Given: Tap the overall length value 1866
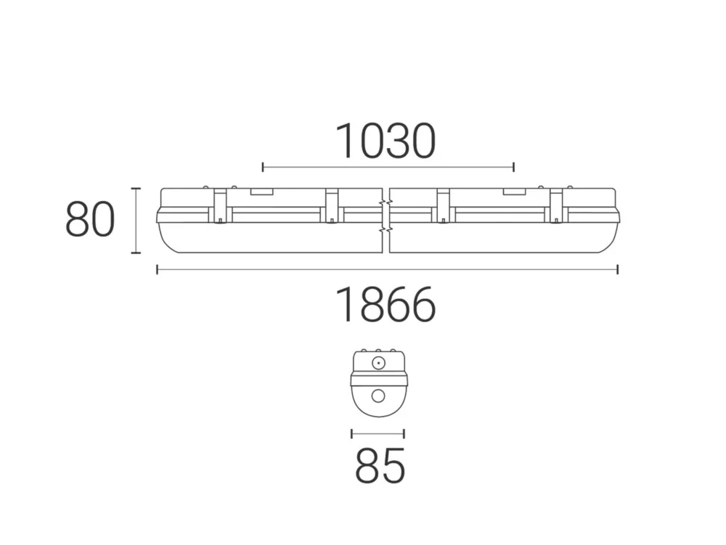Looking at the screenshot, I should pyautogui.click(x=386, y=305).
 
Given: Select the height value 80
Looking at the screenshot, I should pyautogui.click(x=90, y=221).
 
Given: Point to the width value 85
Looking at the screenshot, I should pyautogui.click(x=380, y=466).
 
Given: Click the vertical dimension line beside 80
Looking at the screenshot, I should pyautogui.click(x=135, y=221).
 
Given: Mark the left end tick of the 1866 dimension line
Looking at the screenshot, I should pyautogui.click(x=158, y=270).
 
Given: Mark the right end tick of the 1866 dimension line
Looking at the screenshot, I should pyautogui.click(x=617, y=270).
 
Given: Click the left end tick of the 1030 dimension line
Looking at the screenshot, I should pyautogui.click(x=263, y=168).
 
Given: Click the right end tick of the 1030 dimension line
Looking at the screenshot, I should pyautogui.click(x=513, y=168).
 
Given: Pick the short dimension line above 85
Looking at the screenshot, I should pyautogui.click(x=378, y=434).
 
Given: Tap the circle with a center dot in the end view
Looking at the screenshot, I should pyautogui.click(x=378, y=363).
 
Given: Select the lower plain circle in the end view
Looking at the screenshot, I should pyautogui.click(x=378, y=396).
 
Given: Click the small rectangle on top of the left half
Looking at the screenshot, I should pyautogui.click(x=261, y=192).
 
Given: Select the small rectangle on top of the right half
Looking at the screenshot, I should pyautogui.click(x=515, y=192).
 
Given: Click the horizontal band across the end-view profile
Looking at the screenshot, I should pyautogui.click(x=378, y=379).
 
